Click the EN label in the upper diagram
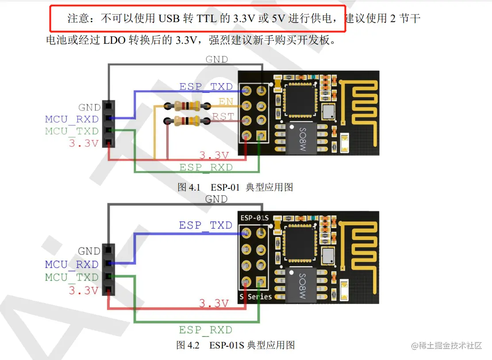226,101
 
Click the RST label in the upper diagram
223,116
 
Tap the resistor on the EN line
187,106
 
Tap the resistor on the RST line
187,120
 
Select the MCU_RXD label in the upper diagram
72,119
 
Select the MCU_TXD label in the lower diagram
72,277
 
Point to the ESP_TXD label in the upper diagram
206,86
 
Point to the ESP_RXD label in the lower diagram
206,329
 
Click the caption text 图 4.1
189,187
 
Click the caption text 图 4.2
188,345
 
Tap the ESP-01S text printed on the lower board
254,218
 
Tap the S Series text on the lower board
256,296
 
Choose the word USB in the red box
169,19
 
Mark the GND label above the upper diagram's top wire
217,59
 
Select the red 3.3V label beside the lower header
84,291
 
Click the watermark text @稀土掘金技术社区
446,345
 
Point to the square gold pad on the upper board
261,135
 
